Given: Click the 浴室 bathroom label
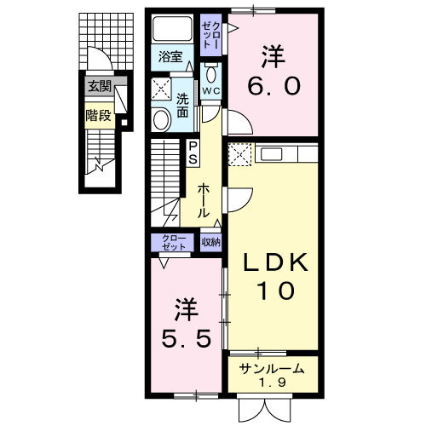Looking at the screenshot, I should pyautogui.click(x=170, y=58).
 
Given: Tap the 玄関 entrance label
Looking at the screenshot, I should pyautogui.click(x=96, y=86).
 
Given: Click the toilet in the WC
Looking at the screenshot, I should pyautogui.click(x=211, y=68).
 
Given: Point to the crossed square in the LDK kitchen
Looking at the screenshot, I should pyautogui.click(x=239, y=156).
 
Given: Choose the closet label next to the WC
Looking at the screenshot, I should pyautogui.click(x=210, y=36).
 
